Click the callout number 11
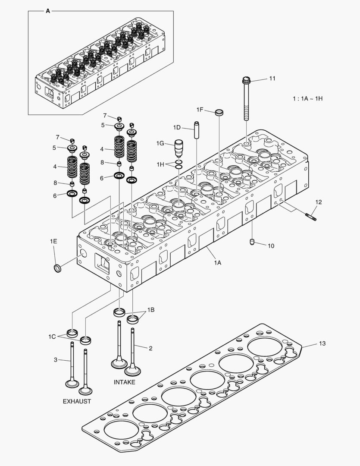click(272, 78)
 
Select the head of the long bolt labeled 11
click(246, 81)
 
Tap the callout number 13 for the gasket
click(322, 343)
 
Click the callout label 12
click(318, 202)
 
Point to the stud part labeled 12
click(310, 217)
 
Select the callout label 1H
click(160, 164)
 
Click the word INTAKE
click(125, 382)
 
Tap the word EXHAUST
click(77, 401)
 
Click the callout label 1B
click(151, 310)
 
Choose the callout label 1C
click(52, 336)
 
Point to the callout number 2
click(150, 348)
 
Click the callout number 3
click(56, 359)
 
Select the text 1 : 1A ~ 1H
click(307, 99)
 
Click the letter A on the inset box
click(48, 11)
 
